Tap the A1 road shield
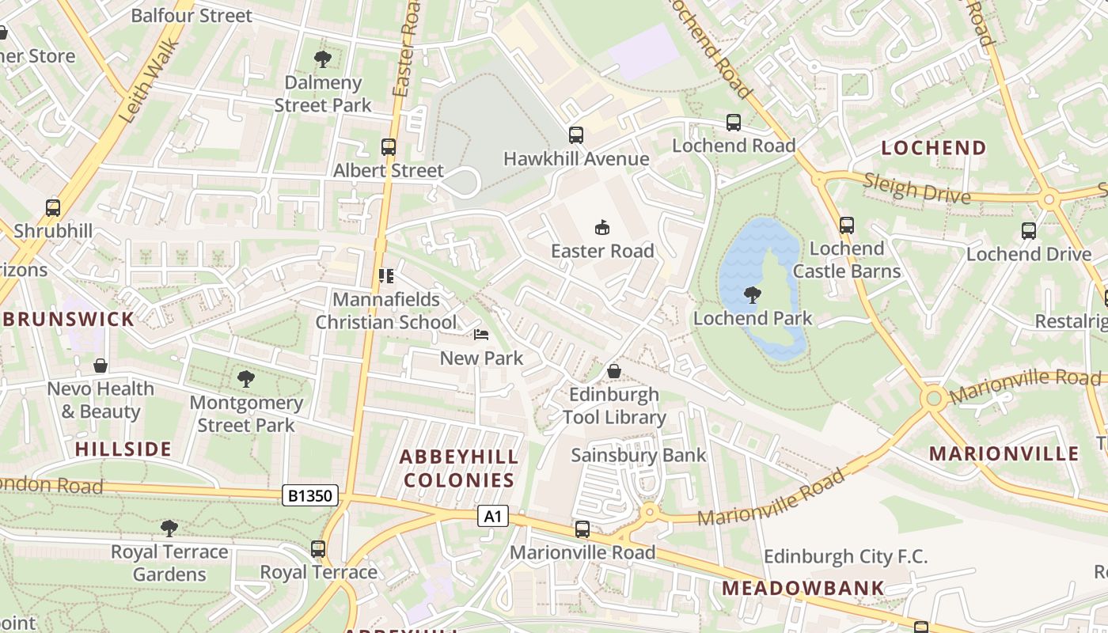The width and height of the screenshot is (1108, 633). point(492,517)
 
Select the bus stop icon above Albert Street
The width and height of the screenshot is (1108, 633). point(388,147)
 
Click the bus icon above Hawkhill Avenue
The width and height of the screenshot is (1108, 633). point(575,135)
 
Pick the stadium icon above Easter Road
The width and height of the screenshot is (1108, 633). point(602,228)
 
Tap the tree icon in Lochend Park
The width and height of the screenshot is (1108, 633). point(752,296)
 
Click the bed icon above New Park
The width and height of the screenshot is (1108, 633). point(481,335)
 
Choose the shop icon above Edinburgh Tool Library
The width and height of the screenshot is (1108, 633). point(613,370)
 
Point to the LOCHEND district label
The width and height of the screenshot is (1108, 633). point(934,148)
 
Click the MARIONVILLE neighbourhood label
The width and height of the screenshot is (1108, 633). point(1004,453)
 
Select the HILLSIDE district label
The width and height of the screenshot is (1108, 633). point(123,449)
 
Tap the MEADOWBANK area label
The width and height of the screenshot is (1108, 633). point(803,588)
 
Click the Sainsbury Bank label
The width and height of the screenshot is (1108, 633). point(638,455)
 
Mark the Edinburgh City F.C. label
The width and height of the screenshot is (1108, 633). point(845,556)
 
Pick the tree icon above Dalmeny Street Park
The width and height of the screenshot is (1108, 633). point(322,59)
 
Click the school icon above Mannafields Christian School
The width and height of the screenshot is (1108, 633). point(386,276)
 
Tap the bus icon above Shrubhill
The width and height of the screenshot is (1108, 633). point(53,208)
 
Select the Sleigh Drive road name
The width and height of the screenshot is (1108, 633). point(916,190)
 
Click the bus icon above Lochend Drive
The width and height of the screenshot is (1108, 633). point(1028,231)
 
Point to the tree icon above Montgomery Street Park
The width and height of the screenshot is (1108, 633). point(245,379)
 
